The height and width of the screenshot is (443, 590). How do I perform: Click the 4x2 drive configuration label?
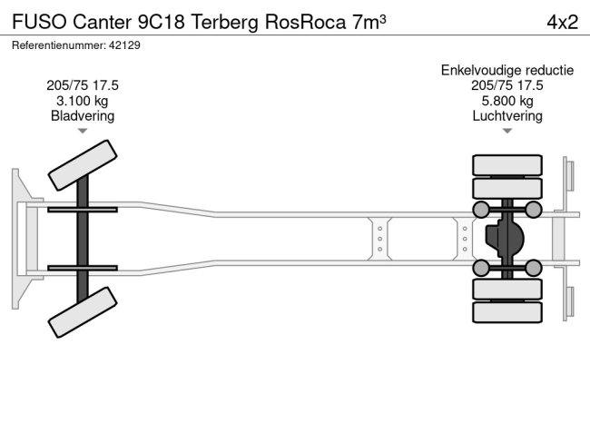pos(561,23)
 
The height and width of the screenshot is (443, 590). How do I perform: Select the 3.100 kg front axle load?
pos(83,101)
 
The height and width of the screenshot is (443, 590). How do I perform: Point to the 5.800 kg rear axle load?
pos(506,101)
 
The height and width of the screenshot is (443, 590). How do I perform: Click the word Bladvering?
pos(83,116)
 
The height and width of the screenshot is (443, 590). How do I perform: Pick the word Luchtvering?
pos(506,116)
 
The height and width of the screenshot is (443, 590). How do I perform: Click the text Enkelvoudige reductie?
pos(506,70)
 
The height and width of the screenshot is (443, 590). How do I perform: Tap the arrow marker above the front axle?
pos(83,132)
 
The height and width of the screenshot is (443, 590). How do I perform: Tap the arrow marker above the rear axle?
pos(506,132)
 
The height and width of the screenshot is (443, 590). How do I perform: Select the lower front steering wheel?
pos(82,312)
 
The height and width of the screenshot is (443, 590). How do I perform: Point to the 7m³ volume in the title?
pos(367,23)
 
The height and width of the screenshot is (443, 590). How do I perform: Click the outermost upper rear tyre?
pos(506,165)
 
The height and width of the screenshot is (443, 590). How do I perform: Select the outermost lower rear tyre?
pos(506,311)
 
